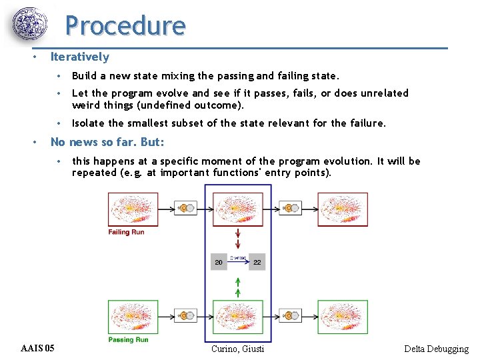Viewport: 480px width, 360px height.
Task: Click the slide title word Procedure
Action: (x=125, y=26)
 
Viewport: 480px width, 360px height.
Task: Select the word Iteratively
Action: (x=79, y=57)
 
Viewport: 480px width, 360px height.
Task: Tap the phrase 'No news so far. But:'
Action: (x=107, y=142)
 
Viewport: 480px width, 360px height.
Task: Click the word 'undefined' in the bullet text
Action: (x=164, y=105)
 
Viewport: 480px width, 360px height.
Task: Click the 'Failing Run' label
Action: (x=126, y=232)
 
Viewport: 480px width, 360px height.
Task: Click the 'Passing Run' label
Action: (x=128, y=340)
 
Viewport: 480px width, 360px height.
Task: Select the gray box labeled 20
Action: (x=219, y=263)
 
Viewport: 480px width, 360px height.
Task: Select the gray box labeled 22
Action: (x=257, y=263)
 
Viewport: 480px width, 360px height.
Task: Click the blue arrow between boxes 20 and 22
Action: (x=238, y=263)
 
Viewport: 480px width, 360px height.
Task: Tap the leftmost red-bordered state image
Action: (x=133, y=209)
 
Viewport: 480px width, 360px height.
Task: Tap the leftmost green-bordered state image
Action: (x=133, y=317)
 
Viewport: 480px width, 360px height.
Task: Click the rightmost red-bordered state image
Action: (x=342, y=209)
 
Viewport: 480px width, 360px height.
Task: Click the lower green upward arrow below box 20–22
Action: (x=238, y=291)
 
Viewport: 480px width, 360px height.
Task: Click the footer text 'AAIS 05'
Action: (x=38, y=349)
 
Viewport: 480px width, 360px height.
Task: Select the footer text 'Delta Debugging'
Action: (x=436, y=349)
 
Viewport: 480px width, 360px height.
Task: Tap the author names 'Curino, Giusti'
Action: (x=237, y=349)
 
